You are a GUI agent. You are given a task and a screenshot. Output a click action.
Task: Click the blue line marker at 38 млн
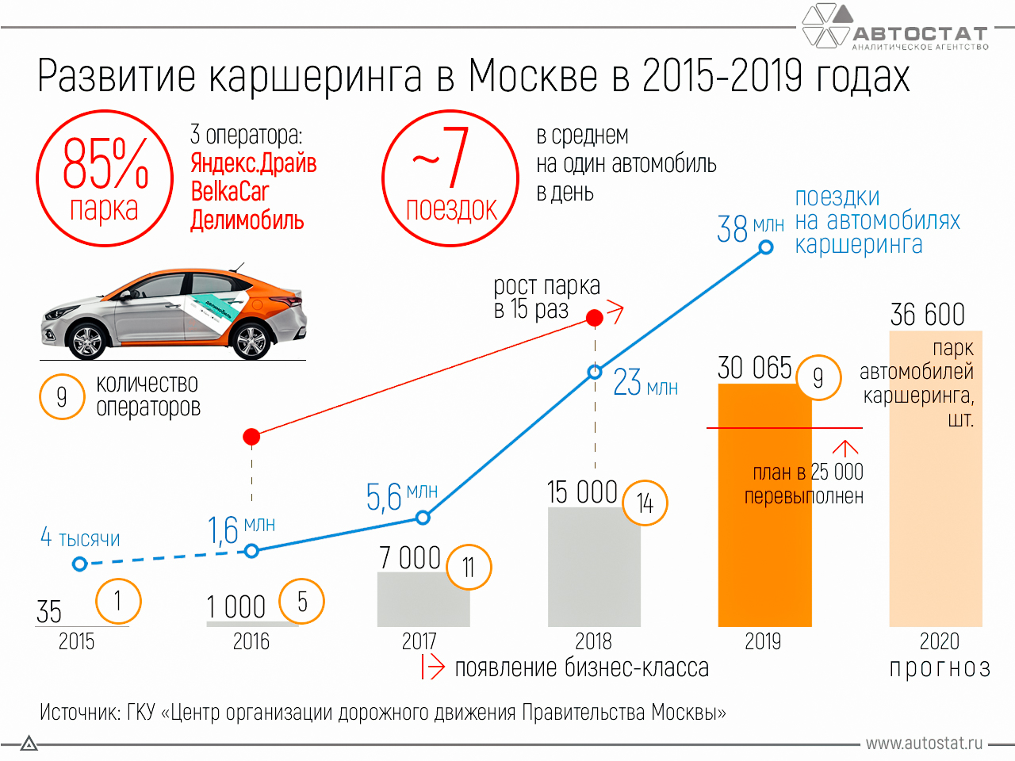(766, 247)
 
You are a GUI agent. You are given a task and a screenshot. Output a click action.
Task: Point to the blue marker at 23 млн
(595, 372)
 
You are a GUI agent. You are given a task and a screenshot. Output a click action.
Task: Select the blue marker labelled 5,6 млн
(423, 518)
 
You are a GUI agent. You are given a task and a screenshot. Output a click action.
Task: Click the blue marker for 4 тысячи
(79, 564)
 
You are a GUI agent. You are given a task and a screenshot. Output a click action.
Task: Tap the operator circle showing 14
(645, 503)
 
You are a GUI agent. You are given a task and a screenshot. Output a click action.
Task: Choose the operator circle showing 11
(469, 567)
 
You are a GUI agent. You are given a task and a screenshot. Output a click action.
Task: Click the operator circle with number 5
(302, 602)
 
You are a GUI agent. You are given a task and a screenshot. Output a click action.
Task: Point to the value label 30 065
(754, 368)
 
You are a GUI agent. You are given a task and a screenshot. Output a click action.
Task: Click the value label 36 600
(927, 315)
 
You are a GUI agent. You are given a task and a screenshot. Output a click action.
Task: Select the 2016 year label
(251, 641)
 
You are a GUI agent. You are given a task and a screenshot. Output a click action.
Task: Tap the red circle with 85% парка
(105, 178)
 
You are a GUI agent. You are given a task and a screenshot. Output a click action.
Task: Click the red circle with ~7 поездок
(450, 178)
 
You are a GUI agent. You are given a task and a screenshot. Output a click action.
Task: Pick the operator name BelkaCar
(229, 192)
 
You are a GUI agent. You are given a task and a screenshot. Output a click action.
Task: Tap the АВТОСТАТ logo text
(920, 33)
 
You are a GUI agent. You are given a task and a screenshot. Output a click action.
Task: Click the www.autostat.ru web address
(923, 744)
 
